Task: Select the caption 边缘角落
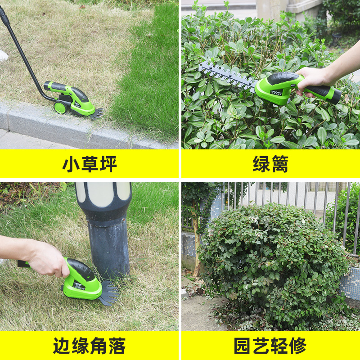[90, 346]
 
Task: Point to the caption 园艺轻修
[270, 346]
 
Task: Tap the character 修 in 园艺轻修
[297, 346]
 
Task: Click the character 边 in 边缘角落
[62, 346]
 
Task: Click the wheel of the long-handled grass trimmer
[59, 108]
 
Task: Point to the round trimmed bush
[270, 261]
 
